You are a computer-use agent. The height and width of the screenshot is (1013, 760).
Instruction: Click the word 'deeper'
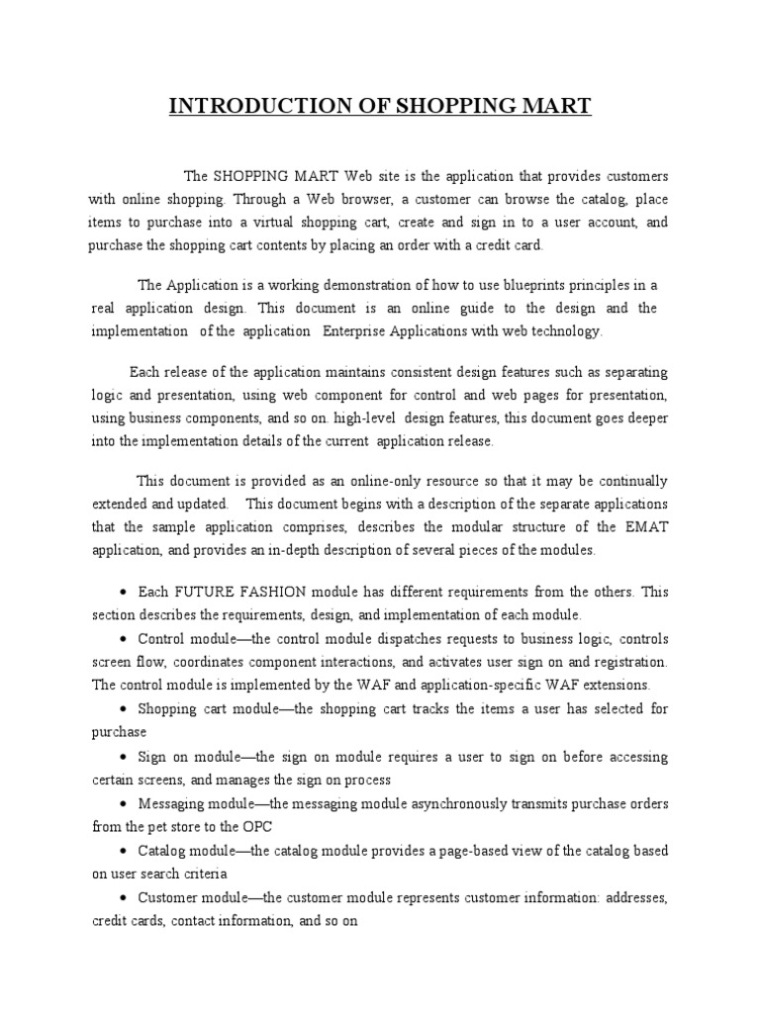tap(645, 417)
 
